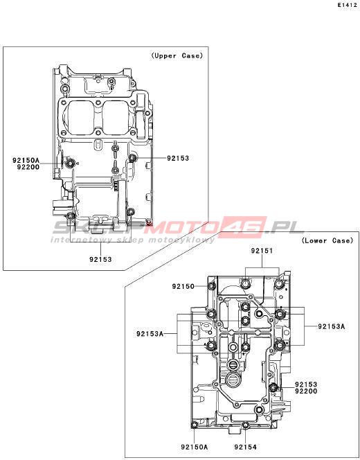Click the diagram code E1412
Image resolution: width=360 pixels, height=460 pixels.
tap(348, 6)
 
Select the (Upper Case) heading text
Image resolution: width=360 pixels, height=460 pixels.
tap(177, 55)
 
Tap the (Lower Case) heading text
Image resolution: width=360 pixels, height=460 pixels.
tap(327, 241)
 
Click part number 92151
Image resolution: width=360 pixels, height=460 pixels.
tap(262, 251)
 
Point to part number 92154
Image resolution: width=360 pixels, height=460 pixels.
tap(245, 447)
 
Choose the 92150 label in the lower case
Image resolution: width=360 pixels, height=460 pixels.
tap(183, 286)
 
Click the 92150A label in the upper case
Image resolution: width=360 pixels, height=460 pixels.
tap(26, 161)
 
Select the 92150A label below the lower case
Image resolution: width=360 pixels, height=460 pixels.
tap(195, 447)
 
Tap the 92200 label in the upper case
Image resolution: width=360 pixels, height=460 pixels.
tap(28, 167)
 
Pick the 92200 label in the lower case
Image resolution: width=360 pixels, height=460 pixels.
tap(306, 391)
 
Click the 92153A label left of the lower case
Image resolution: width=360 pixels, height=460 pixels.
tap(150, 334)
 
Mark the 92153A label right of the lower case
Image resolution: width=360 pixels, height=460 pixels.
tap(332, 326)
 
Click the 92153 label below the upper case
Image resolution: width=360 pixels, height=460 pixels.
tap(100, 259)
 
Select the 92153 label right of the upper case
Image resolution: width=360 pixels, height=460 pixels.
tap(178, 159)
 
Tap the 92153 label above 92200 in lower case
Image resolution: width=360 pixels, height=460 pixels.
tap(306, 384)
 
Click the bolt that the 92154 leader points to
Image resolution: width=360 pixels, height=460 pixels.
tap(246, 425)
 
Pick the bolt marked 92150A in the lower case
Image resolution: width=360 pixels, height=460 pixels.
tap(195, 425)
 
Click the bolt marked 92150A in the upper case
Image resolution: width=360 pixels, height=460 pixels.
tap(70, 163)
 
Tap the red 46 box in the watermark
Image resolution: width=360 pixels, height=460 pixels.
tap(246, 227)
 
